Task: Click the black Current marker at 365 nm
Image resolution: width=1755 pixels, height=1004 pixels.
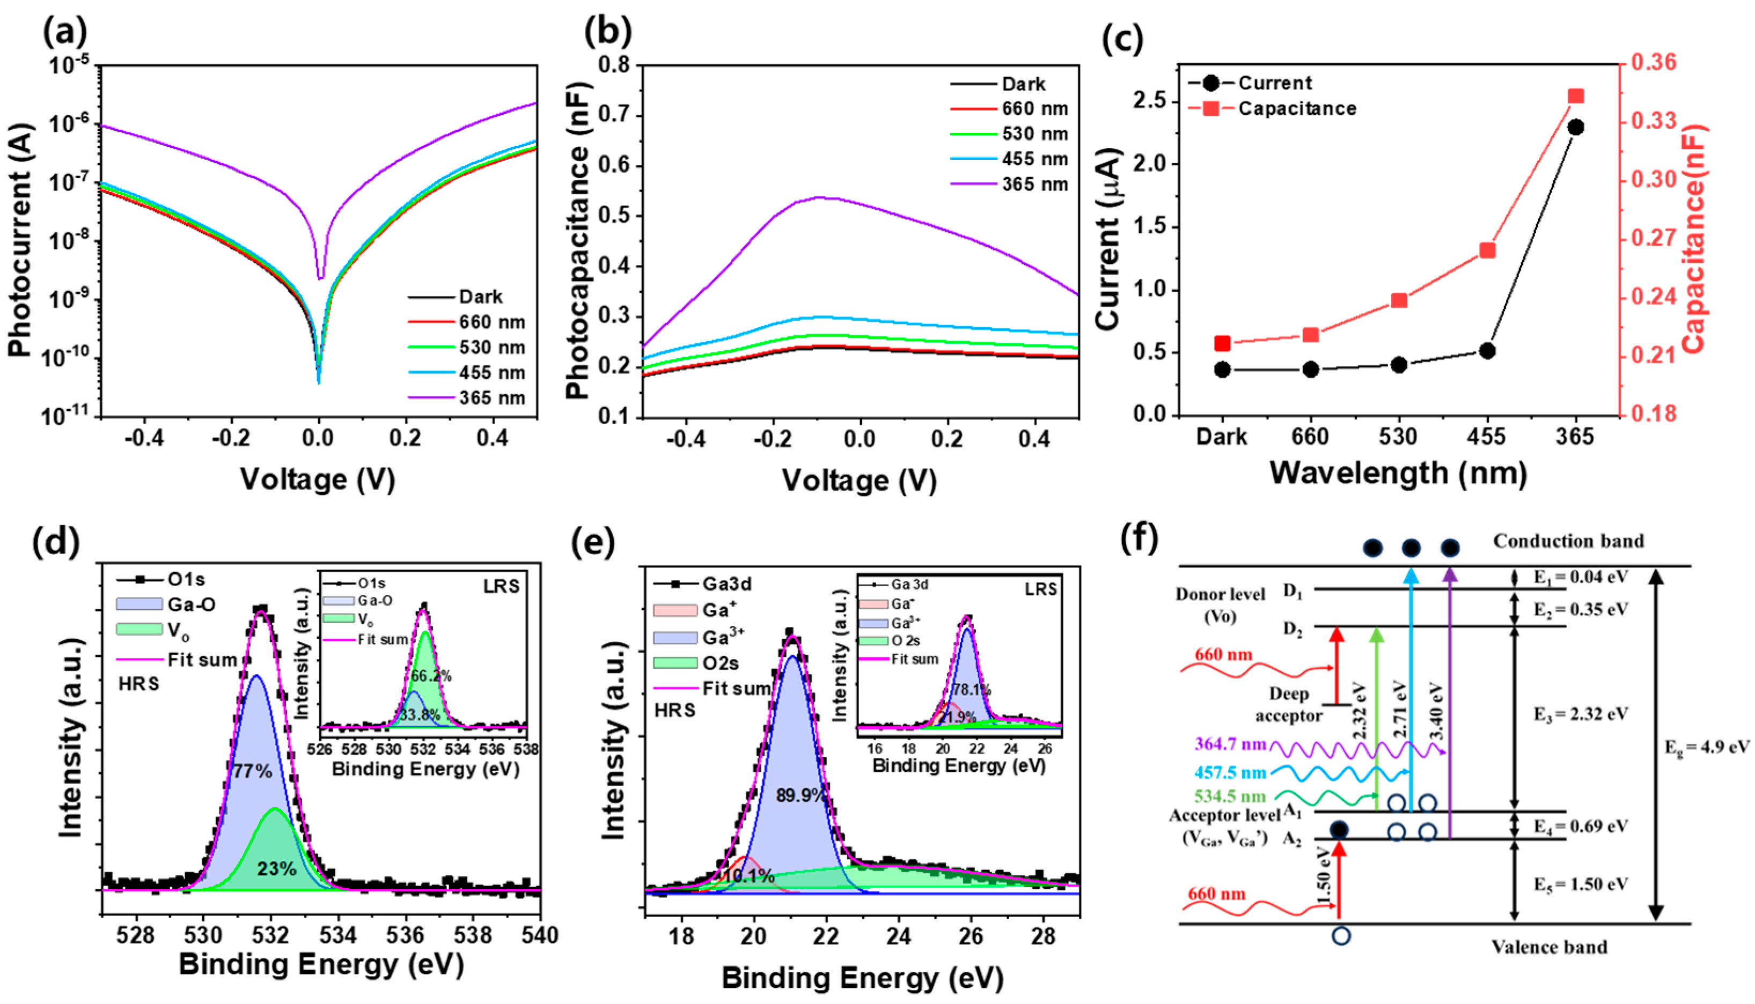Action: tap(1576, 127)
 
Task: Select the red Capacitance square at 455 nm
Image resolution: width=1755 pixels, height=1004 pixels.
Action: tap(1487, 250)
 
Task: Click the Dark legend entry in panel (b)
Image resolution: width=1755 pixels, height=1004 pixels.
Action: tap(1023, 84)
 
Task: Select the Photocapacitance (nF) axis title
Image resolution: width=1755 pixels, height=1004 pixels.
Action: tap(578, 241)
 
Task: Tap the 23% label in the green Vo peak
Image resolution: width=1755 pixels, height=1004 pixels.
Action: tap(277, 869)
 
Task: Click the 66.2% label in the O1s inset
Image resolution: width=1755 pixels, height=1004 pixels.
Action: tap(431, 676)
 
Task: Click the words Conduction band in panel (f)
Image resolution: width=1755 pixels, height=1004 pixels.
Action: tap(1568, 541)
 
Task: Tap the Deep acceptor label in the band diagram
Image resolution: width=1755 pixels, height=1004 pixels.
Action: tap(1289, 704)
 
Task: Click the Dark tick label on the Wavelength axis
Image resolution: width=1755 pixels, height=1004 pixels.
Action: tap(1222, 437)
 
